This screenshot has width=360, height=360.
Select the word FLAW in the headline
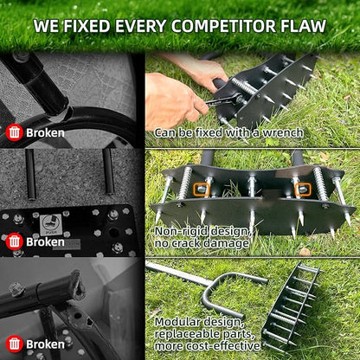(303, 26)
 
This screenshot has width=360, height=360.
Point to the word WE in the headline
(47, 26)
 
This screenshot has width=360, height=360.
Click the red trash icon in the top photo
(14, 132)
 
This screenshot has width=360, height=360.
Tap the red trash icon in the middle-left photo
(14, 241)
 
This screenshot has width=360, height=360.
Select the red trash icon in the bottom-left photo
(14, 343)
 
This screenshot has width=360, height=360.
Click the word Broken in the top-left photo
(45, 133)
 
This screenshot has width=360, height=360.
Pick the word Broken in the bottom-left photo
(45, 344)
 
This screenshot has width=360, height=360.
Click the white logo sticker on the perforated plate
(51, 225)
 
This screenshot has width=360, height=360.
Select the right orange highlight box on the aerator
(303, 188)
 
